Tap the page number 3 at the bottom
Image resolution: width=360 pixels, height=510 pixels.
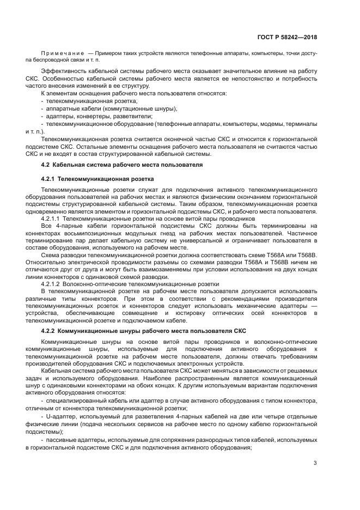pyautogui.click(x=315, y=464)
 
